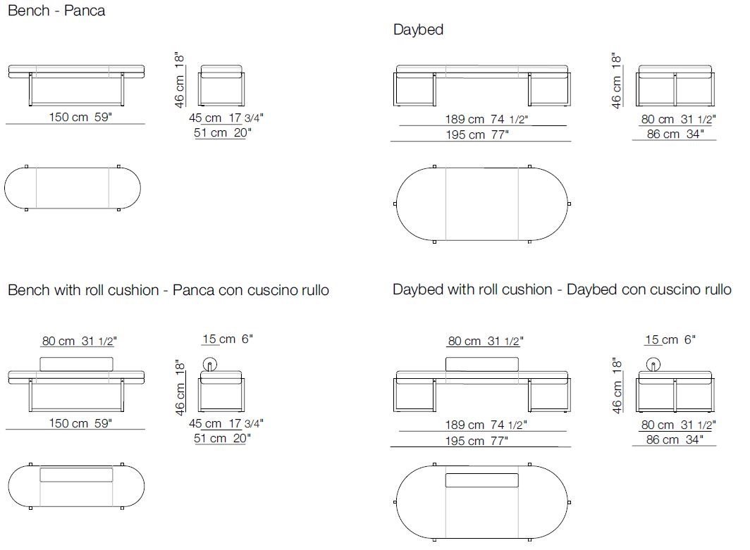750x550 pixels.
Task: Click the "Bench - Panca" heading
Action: click(x=56, y=11)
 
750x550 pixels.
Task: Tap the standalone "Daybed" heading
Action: click(x=418, y=30)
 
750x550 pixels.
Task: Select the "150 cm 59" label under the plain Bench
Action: click(x=80, y=117)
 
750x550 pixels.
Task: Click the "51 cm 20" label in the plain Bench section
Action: click(x=223, y=132)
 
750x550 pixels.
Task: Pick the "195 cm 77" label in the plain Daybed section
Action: click(x=477, y=135)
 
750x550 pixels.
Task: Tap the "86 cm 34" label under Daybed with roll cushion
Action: click(x=675, y=439)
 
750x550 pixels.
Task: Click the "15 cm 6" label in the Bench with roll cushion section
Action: click(x=227, y=339)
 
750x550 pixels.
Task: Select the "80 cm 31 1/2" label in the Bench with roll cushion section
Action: click(x=79, y=341)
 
